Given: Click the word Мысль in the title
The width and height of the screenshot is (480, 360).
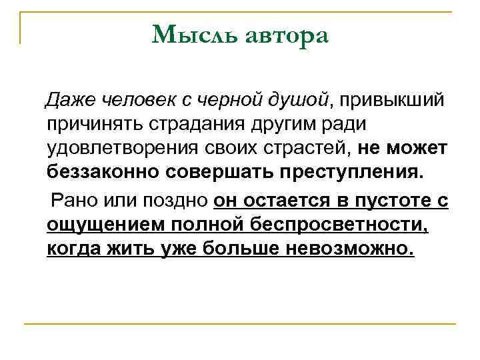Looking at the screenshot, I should coord(188,35).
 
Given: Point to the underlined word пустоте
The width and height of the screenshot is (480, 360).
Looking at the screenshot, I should coord(393,199).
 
